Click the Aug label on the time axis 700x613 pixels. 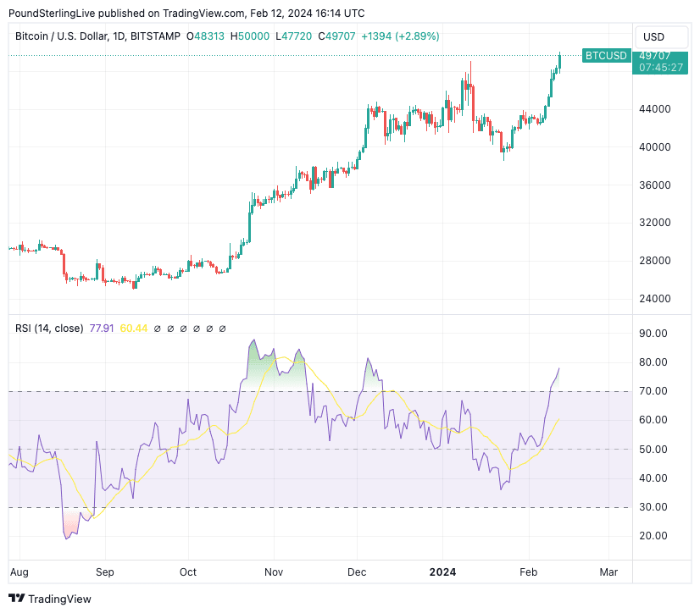coord(18,572)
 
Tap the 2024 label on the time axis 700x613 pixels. coord(442,572)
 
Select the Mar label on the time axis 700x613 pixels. coord(608,572)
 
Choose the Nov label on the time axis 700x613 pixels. coord(272,572)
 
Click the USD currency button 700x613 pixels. coord(654,37)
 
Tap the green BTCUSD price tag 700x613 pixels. coord(606,56)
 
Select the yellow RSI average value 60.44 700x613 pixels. coord(134,329)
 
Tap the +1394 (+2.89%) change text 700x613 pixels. coord(400,36)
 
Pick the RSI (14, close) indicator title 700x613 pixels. coord(49,329)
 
